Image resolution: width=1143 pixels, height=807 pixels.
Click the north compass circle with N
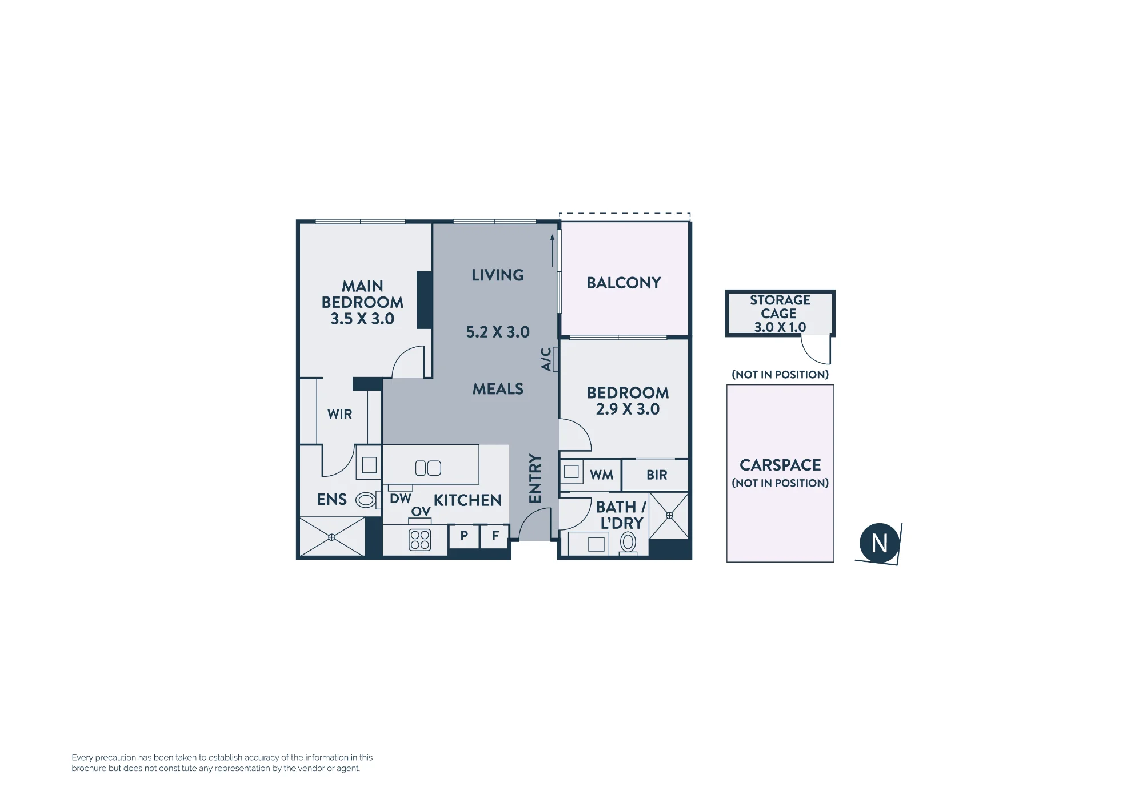880,543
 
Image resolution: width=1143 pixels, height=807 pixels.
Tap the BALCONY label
624,283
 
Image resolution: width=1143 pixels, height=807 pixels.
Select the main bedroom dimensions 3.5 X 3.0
362,319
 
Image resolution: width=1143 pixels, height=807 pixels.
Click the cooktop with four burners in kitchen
420,540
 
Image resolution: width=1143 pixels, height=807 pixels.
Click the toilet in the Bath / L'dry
628,543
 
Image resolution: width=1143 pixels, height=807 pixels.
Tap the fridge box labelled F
495,536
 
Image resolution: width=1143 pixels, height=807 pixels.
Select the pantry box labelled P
464,536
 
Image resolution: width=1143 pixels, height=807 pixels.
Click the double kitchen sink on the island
428,468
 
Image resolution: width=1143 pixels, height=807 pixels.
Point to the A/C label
546,359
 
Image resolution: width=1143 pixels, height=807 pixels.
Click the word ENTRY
535,479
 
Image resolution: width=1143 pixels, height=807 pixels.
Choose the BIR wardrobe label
657,475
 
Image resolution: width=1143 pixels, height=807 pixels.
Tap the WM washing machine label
601,475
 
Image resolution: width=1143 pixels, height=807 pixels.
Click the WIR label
339,415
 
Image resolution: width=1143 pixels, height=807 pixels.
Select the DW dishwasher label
401,499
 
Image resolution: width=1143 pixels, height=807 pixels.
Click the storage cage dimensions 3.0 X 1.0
780,327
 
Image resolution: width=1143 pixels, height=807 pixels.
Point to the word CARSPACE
780,465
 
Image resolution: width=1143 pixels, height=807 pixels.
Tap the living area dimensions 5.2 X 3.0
498,332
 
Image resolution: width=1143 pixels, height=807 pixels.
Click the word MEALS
498,389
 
